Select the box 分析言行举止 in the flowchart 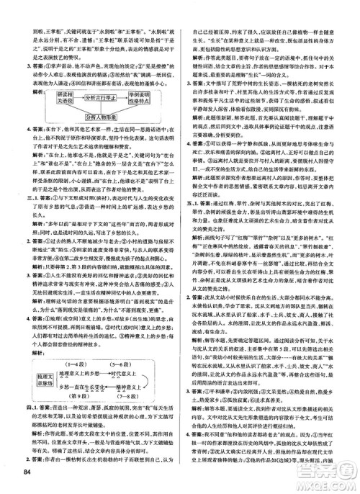pyautogui.click(x=95, y=97)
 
